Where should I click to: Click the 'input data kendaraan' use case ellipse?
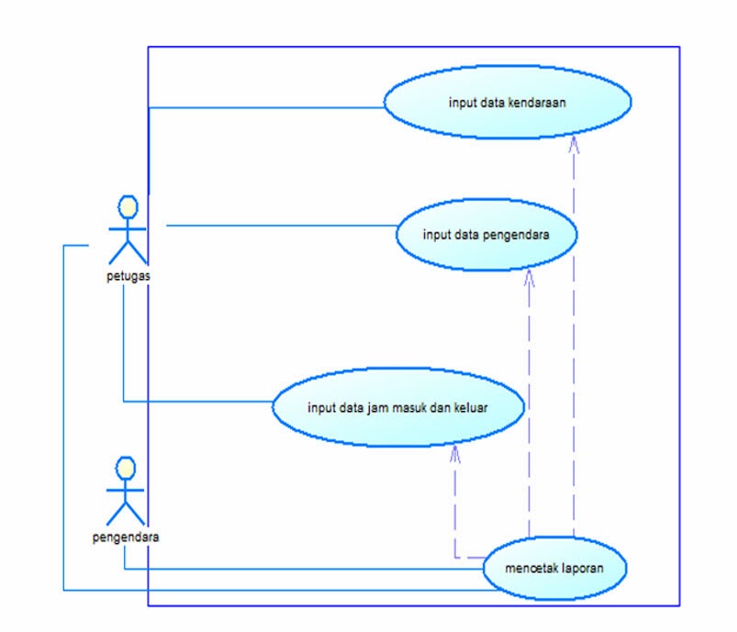point(507,104)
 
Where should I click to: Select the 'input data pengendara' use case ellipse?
point(486,234)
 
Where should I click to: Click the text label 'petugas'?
point(128,278)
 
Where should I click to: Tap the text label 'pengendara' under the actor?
point(126,538)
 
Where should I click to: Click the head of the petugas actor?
point(128,205)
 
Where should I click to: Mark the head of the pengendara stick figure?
point(126,469)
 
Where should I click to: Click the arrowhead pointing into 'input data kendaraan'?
point(574,142)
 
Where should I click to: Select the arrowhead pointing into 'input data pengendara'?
point(529,276)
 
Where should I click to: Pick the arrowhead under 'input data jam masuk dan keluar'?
point(455,452)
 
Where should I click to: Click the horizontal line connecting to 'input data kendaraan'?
point(266,107)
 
